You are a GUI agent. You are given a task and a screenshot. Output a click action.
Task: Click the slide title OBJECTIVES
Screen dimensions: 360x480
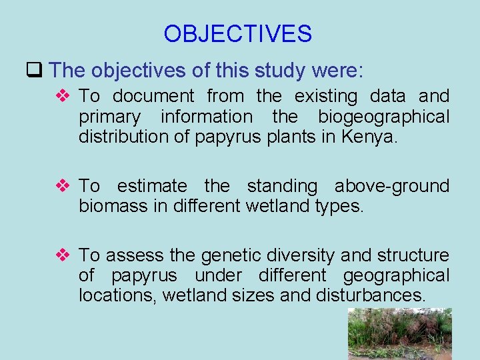[237, 33]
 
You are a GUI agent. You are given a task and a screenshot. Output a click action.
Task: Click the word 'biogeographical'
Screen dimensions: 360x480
[383, 117]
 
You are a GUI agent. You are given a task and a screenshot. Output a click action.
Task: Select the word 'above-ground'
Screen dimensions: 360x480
[391, 186]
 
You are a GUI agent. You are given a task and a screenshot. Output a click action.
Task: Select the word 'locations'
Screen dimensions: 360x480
[120, 295]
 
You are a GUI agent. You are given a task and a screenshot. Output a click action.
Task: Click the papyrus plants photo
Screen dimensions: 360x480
[399, 333]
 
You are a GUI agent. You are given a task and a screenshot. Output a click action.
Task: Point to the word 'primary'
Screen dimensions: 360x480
[109, 117]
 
